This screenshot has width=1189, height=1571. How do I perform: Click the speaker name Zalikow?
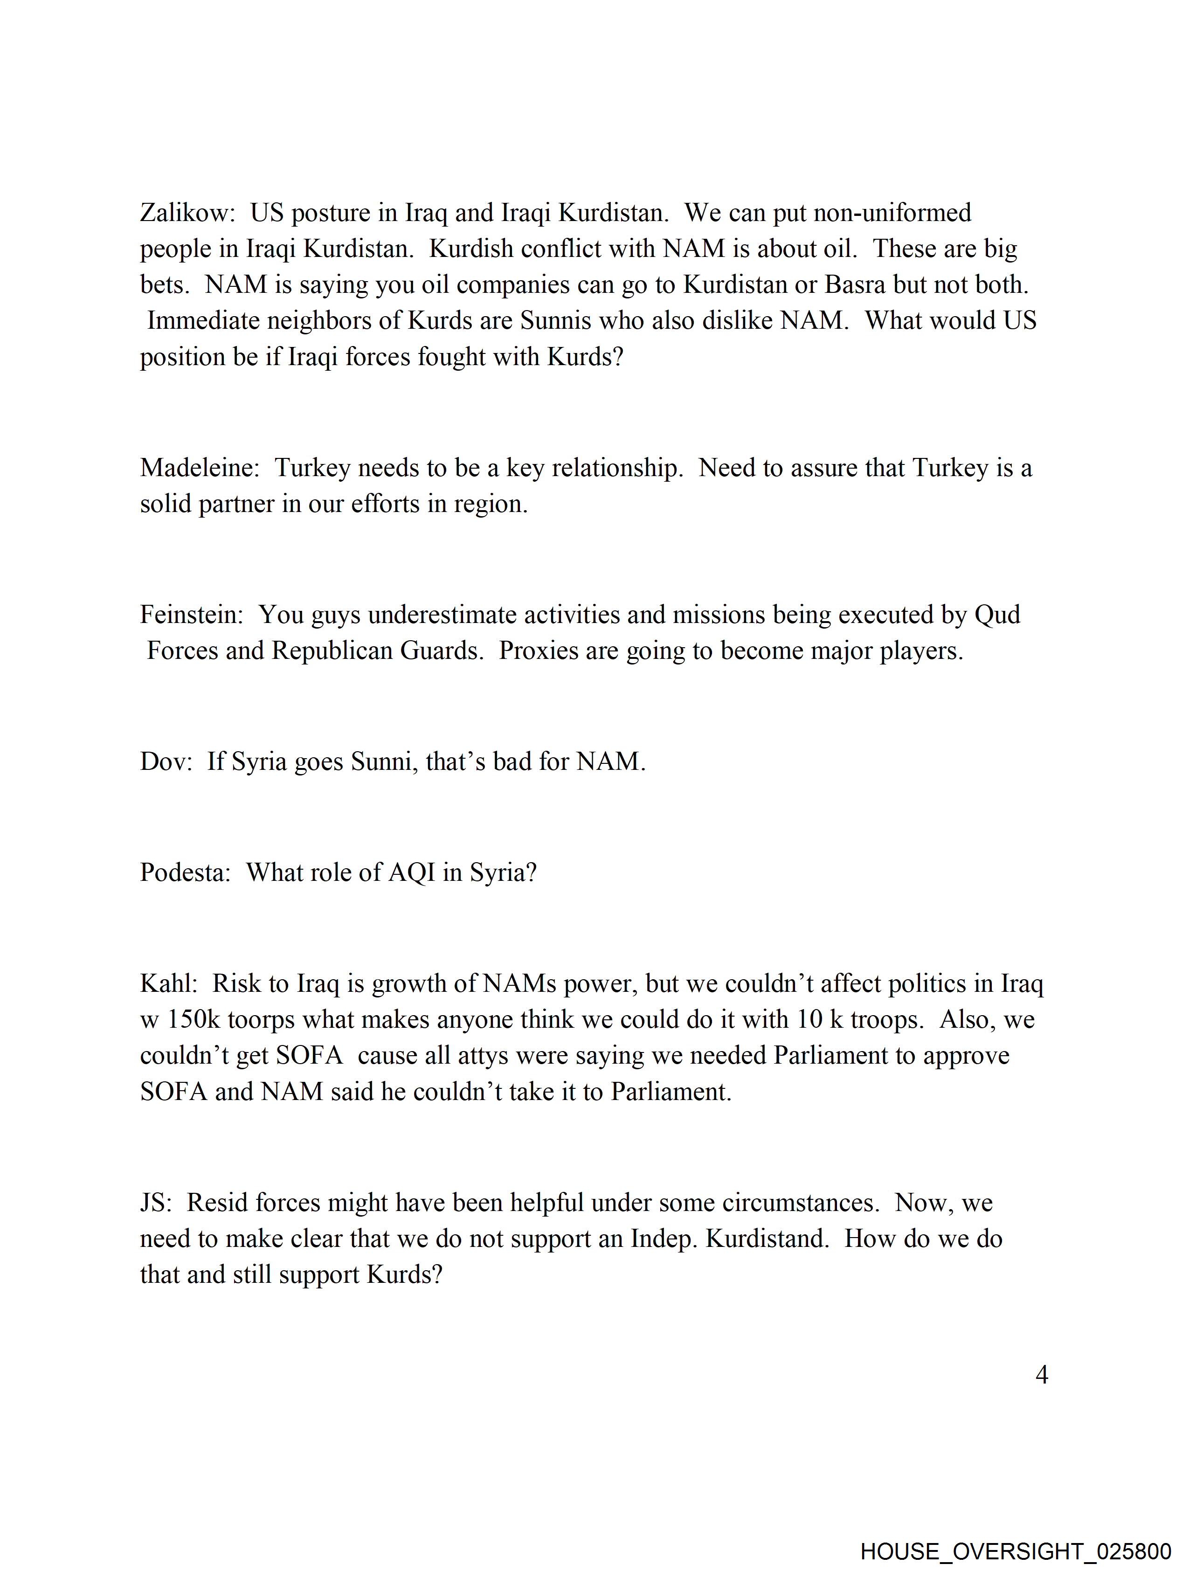pyautogui.click(x=186, y=213)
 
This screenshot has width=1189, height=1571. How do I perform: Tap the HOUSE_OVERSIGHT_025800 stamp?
pyautogui.click(x=1016, y=1550)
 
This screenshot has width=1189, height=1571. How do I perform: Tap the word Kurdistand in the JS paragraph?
pyautogui.click(x=767, y=1239)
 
